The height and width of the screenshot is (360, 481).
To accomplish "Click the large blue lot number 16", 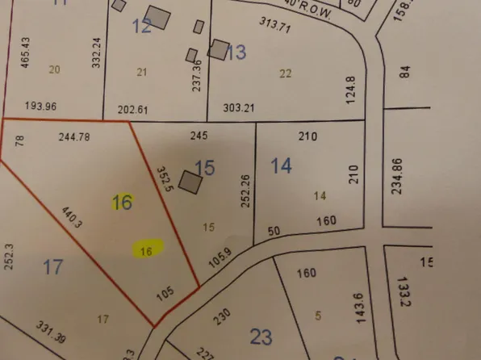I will point(122,202).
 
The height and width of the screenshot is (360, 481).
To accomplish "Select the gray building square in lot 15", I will point(190,182).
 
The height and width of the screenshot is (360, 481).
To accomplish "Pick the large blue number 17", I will point(52,266).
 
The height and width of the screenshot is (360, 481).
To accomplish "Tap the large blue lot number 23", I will point(261,335).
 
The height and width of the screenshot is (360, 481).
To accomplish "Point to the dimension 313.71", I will point(275,31).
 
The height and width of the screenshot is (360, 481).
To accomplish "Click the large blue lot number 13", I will point(236,53).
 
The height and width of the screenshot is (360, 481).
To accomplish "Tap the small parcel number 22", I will point(285,73).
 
